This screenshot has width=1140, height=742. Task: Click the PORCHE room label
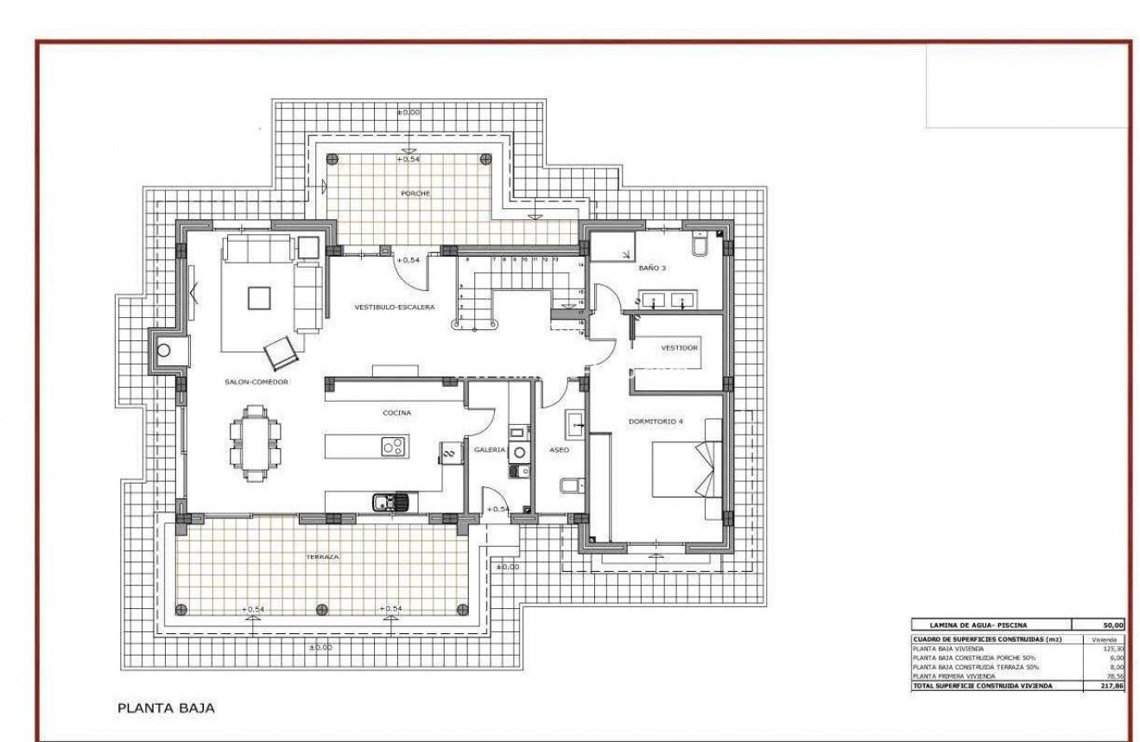click(x=415, y=193)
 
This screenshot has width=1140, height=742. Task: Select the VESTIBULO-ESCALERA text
click(x=394, y=307)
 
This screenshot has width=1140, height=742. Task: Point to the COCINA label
click(x=396, y=413)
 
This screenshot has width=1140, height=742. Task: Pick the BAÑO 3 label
click(x=652, y=269)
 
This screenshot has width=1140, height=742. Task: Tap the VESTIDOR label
click(x=679, y=347)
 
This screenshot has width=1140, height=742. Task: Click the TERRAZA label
click(x=322, y=557)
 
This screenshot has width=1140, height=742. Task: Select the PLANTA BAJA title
click(x=166, y=708)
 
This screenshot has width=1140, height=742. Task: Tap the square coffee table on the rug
click(x=259, y=297)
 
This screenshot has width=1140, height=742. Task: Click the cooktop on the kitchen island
click(x=394, y=447)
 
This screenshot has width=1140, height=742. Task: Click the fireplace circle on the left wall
click(x=163, y=351)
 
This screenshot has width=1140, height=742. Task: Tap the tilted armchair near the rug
click(x=280, y=352)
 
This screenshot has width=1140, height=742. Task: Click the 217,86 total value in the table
click(x=1111, y=685)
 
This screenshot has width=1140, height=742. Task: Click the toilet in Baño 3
click(x=700, y=245)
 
